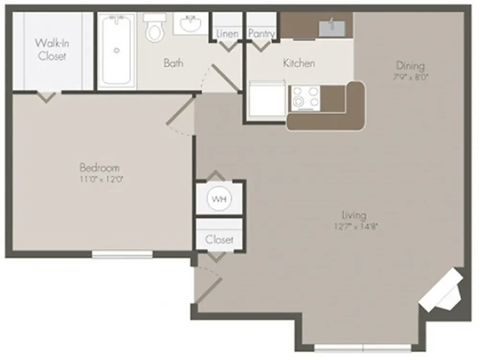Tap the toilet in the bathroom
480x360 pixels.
point(153,29)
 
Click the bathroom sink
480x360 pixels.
point(188,25)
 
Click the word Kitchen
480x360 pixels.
point(299,63)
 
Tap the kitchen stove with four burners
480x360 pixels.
point(304,97)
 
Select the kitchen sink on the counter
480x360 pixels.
point(331,26)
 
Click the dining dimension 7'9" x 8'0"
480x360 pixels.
point(410,79)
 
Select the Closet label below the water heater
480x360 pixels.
point(219,240)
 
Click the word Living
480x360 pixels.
point(352,215)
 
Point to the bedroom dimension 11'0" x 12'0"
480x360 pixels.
point(100,179)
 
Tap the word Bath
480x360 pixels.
point(174,63)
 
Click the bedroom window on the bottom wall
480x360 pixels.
point(122,254)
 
